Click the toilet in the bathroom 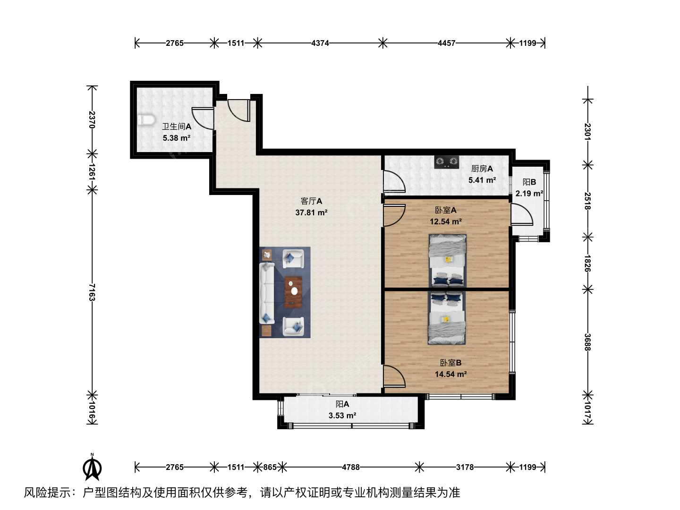point(146,120)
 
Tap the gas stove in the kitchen point(446,162)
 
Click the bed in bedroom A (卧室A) point(447,260)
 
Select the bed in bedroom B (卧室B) point(447,317)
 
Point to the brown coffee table point(293,292)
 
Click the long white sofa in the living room point(267,293)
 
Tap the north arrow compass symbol point(92,467)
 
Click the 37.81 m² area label point(311,212)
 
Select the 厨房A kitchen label point(482,169)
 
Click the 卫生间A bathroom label point(177,127)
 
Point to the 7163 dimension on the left point(92,292)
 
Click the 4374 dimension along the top point(320,43)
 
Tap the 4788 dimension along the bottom point(351,467)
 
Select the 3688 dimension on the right point(588,342)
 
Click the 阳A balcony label point(342,404)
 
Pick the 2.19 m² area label point(529,194)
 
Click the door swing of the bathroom point(203,119)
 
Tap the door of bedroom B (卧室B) point(394,376)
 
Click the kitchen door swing point(394,181)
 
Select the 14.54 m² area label point(451,374)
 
